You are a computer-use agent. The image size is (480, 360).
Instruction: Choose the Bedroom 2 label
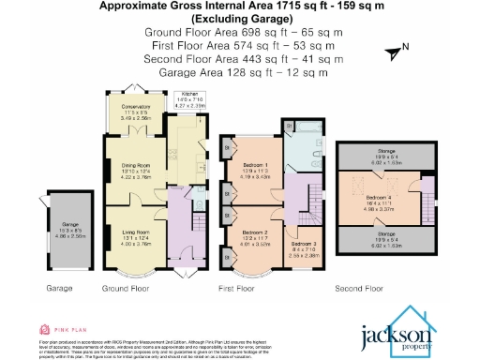point(256,233)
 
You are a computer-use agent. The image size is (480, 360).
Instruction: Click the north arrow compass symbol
point(396,48)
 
